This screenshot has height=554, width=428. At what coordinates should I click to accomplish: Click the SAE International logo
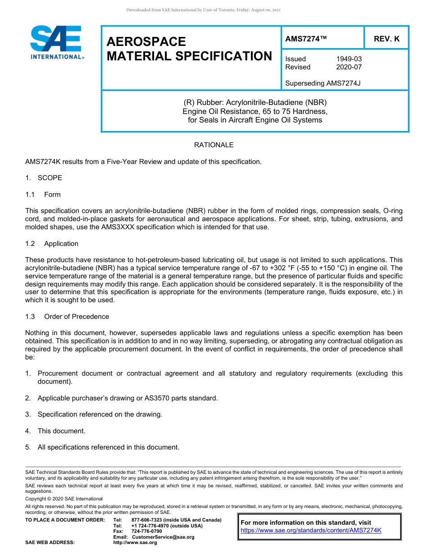tap(56, 43)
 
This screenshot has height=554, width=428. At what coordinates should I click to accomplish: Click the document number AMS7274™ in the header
tap(306, 39)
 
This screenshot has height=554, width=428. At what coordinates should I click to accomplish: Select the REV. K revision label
tap(386, 39)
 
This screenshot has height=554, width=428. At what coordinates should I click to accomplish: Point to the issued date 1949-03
tap(349, 59)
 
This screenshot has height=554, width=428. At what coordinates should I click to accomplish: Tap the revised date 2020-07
tap(349, 67)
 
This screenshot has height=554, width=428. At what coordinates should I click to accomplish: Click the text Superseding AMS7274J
tap(323, 83)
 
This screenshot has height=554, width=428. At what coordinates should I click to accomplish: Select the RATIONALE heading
tap(214, 145)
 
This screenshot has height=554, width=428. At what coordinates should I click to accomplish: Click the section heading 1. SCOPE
tap(44, 178)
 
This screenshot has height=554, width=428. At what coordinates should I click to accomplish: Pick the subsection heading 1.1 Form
tap(43, 195)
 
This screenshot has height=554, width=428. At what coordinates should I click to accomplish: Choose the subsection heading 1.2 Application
tap(52, 244)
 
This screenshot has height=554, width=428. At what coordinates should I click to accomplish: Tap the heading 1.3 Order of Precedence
tap(67, 317)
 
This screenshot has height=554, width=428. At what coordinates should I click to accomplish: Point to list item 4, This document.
tap(61, 431)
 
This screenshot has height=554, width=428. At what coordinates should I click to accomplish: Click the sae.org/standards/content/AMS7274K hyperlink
tap(311, 530)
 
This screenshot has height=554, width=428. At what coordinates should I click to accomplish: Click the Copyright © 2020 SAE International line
tap(64, 499)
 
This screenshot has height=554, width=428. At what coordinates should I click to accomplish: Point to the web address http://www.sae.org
tap(135, 543)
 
